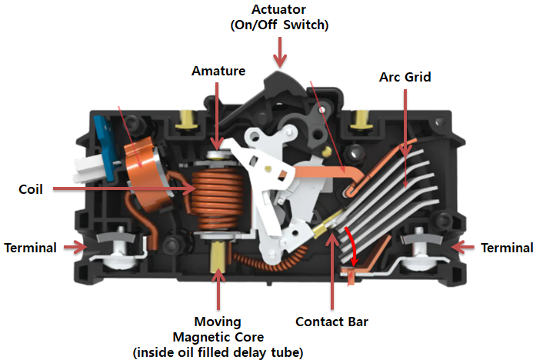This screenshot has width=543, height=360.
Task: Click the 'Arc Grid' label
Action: tap(405, 77)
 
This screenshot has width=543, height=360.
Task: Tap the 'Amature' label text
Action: tap(218, 71)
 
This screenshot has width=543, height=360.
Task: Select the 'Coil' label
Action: tap(32, 188)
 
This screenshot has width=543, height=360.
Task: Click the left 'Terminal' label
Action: tap(30, 248)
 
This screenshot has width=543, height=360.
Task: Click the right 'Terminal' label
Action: tap(506, 248)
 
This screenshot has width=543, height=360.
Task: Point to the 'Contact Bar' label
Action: tap(331, 322)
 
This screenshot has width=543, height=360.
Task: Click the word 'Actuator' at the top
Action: tap(281, 10)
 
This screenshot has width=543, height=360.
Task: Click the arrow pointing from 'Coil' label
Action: tap(123, 188)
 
